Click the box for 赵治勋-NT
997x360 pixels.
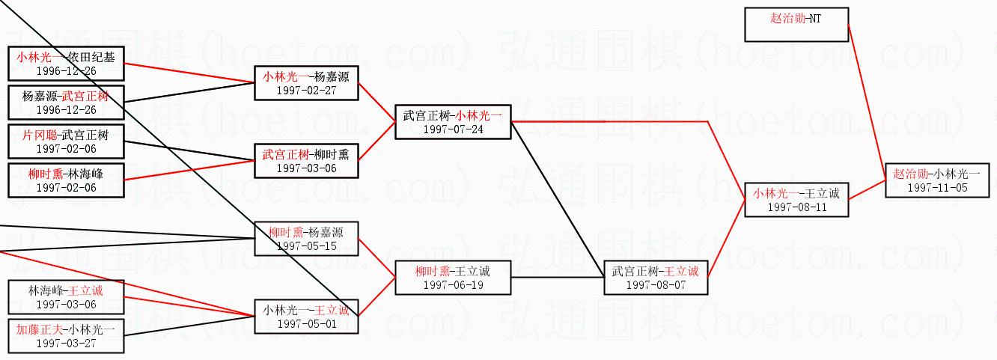point(796,25)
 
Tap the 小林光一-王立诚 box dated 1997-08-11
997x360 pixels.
point(796,200)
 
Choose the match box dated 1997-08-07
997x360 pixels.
point(655,278)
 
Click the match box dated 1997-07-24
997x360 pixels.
point(453,121)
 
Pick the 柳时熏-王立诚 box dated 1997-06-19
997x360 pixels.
point(453,278)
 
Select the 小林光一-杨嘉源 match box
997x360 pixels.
point(306,82)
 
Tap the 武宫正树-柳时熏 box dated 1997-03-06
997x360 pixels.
point(306,161)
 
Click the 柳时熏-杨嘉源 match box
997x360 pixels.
point(306,239)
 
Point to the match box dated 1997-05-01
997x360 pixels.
point(306,317)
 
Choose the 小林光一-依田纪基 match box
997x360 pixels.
point(66,63)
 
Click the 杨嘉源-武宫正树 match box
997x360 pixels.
point(66,103)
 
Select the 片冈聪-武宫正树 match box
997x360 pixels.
point(66,141)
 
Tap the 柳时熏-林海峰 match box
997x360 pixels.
point(66,180)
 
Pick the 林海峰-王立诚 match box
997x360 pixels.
point(66,297)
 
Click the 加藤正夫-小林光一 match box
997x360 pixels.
point(66,336)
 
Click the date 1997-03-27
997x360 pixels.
point(66,343)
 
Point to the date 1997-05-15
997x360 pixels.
point(306,245)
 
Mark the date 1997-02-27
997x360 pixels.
point(306,89)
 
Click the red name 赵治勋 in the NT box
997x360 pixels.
point(787,18)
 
